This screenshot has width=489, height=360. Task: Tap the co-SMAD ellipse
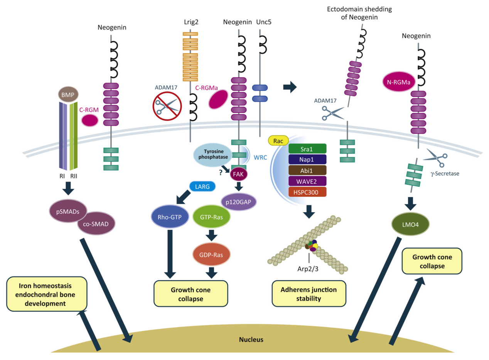click(x=96, y=222)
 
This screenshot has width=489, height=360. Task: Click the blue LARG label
click(x=202, y=187)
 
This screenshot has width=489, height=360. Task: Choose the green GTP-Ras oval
click(x=211, y=217)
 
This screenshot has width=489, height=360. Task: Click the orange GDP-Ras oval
click(x=211, y=254)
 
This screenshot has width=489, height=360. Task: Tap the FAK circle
click(x=238, y=174)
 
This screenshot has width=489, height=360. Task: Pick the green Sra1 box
click(x=307, y=149)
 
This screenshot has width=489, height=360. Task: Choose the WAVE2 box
click(x=307, y=181)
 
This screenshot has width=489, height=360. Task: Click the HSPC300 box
click(x=307, y=191)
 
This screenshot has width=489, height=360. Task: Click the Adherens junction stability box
click(x=309, y=294)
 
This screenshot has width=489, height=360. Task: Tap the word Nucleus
click(x=251, y=340)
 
